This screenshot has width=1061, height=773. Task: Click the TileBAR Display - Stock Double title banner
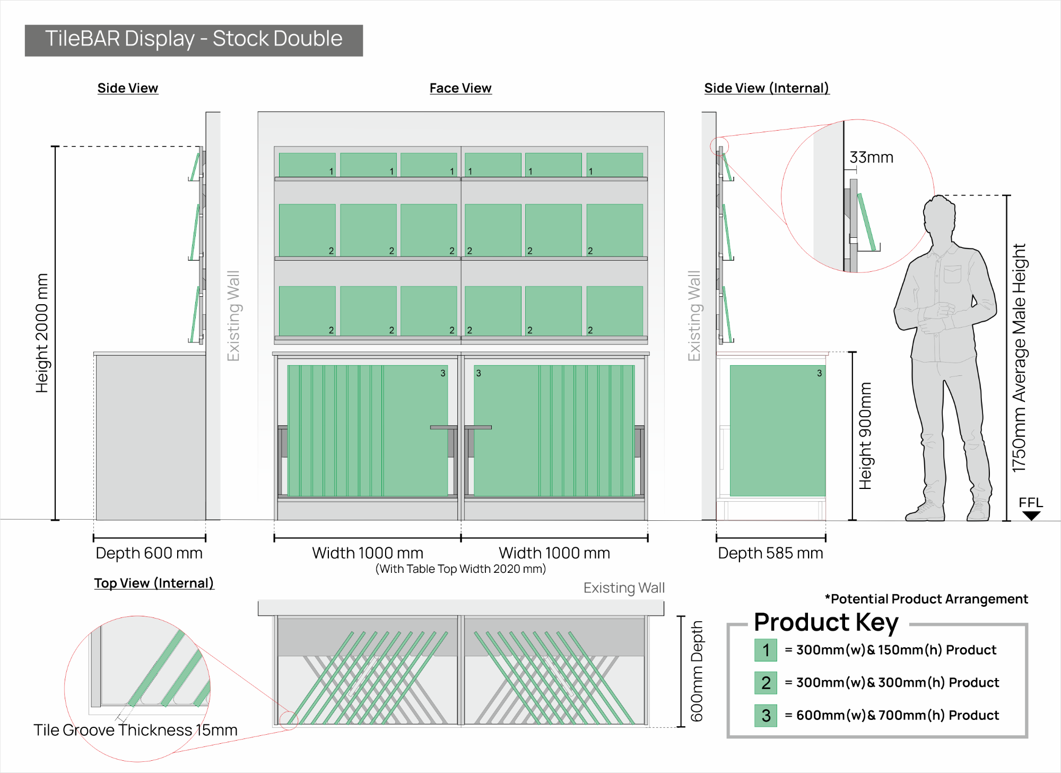click(x=194, y=40)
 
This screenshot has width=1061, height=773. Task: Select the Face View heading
click(x=460, y=88)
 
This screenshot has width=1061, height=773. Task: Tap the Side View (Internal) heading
click(x=767, y=88)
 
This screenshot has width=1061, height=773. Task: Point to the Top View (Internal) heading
click(x=154, y=583)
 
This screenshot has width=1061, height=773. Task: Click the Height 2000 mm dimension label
click(x=42, y=333)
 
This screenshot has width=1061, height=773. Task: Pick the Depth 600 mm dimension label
click(x=149, y=553)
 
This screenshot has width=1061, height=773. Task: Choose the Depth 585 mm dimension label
click(x=770, y=553)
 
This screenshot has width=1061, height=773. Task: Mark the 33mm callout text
click(x=871, y=157)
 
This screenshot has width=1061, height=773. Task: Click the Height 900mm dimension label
click(x=865, y=436)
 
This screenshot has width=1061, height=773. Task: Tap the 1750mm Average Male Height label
click(x=1019, y=358)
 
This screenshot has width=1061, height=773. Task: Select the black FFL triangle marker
click(x=1031, y=516)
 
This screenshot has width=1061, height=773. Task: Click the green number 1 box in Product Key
click(x=766, y=650)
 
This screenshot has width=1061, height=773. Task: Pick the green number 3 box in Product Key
click(x=766, y=715)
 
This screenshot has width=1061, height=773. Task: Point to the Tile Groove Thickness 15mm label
click(x=135, y=730)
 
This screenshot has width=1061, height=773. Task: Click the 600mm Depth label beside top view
click(x=697, y=672)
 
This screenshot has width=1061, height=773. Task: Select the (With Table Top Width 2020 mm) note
click(x=460, y=569)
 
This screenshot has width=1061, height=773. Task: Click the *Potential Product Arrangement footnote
click(x=926, y=599)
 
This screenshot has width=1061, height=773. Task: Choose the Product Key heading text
click(x=826, y=623)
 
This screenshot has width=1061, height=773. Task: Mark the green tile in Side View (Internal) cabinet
click(x=777, y=431)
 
